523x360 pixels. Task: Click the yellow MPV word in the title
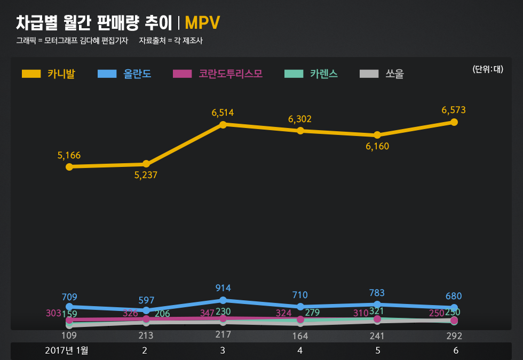click(x=202, y=23)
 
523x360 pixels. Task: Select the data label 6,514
click(x=223, y=113)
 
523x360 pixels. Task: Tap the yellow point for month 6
click(x=454, y=122)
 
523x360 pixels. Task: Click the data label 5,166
click(x=69, y=155)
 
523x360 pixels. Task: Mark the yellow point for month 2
click(x=146, y=164)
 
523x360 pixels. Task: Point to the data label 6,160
click(x=377, y=146)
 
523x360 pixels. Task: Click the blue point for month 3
click(x=223, y=300)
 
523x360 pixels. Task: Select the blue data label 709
click(x=69, y=297)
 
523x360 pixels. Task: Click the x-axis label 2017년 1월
click(x=67, y=350)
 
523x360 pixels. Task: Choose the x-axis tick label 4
click(x=300, y=350)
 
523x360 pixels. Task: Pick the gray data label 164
click(x=300, y=337)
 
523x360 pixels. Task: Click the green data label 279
click(x=312, y=313)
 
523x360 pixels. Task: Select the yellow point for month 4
click(x=300, y=131)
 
